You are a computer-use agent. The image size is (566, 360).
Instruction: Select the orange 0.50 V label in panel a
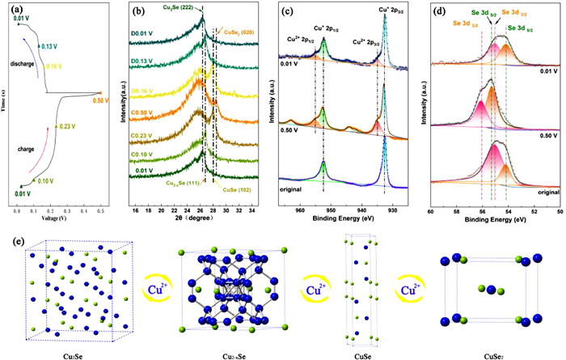click(100, 100)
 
